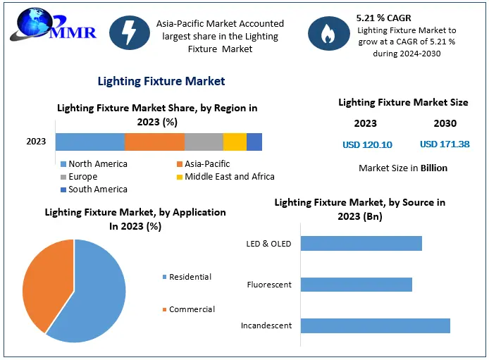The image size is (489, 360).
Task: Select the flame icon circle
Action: coord(328,34)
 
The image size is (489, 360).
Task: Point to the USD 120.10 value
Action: coord(367,144)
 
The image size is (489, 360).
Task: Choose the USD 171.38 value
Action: coord(444,144)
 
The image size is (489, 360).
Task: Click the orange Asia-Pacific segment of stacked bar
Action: coord(154,142)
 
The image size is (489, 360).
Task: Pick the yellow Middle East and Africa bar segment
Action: coord(235,142)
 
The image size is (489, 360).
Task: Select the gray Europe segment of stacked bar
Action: coord(204,142)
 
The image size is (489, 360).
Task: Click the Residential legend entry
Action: coord(190,277)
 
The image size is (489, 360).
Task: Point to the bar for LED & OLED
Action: coord(361,243)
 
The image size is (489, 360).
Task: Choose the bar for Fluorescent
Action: coord(356,285)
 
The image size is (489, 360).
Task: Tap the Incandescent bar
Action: coord(375,325)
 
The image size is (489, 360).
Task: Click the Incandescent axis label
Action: coord(266,326)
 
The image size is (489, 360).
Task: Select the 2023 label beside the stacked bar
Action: coord(36,142)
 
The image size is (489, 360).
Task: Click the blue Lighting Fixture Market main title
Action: coord(161,81)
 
